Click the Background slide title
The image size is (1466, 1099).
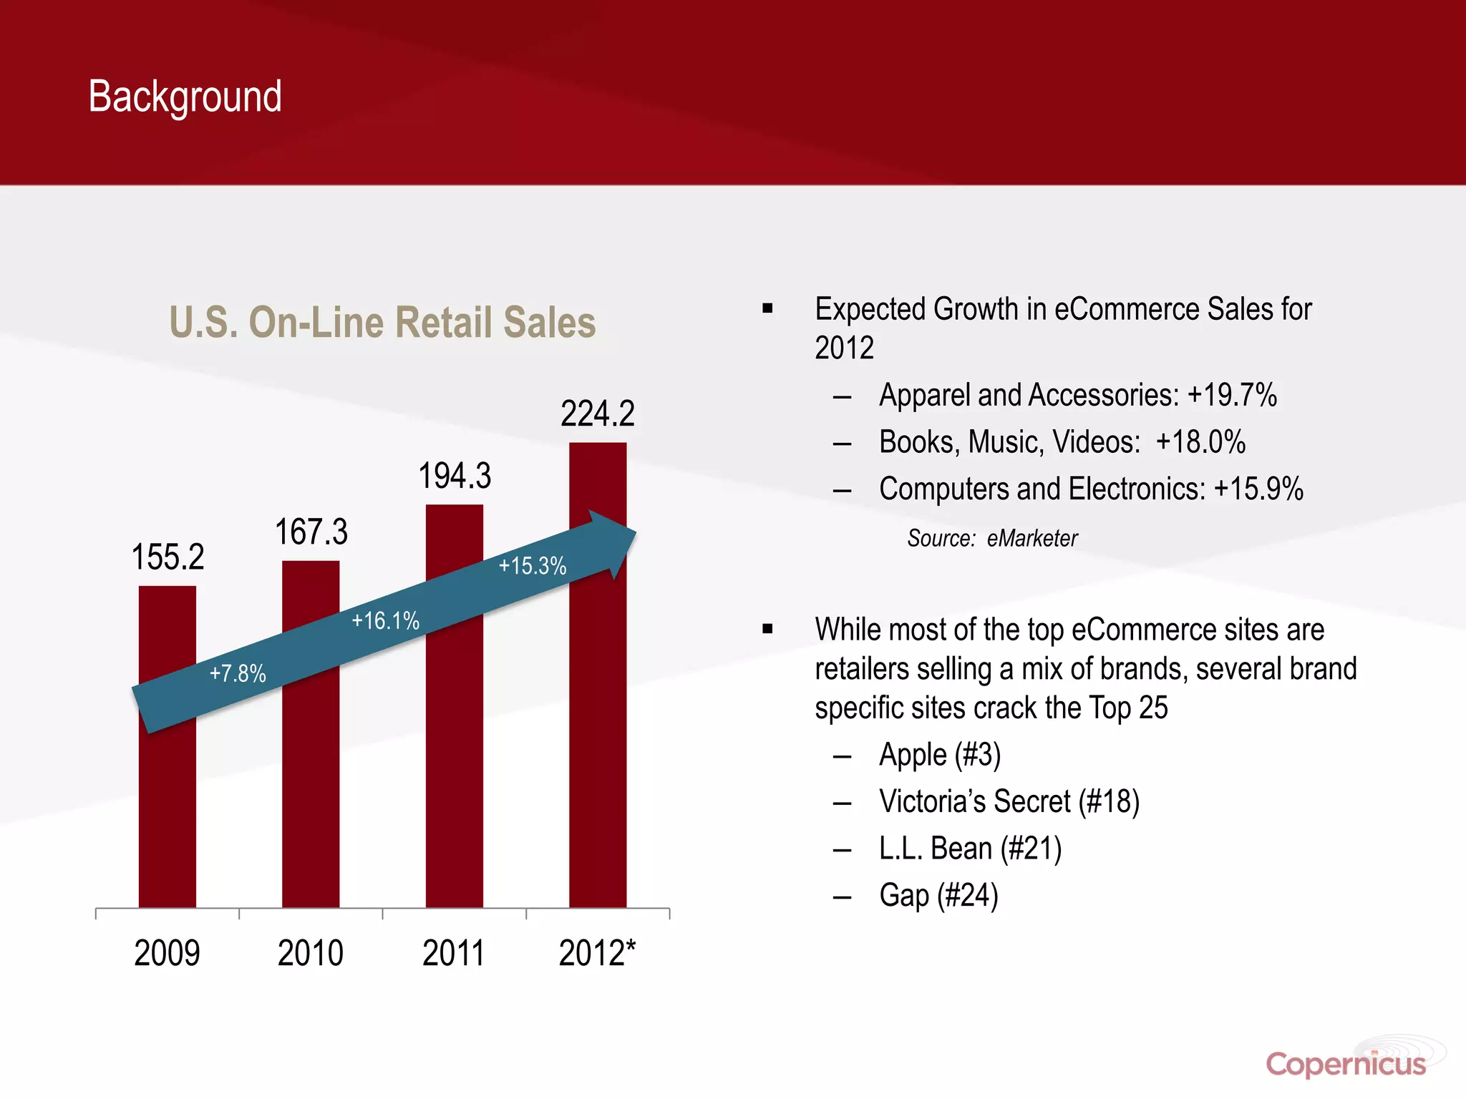(185, 97)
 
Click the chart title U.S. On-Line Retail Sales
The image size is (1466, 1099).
(382, 322)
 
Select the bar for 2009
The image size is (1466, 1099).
(167, 801)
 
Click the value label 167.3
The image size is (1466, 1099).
(311, 532)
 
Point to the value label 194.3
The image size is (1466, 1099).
(455, 477)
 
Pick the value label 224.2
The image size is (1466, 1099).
(598, 414)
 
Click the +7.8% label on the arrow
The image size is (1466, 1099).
(238, 673)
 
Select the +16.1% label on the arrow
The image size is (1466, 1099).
(385, 620)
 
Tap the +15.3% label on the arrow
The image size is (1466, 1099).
(533, 566)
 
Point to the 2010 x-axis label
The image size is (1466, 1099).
(311, 953)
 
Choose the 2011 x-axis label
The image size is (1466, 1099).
(453, 953)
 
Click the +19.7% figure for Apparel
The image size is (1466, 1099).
(1232, 395)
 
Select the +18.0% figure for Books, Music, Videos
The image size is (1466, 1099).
(1200, 442)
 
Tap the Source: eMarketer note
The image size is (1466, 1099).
(992, 538)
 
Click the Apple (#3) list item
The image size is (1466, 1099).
(940, 755)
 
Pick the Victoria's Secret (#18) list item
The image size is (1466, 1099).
(1009, 801)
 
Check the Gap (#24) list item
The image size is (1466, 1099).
(938, 895)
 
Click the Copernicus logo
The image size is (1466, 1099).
(1346, 1064)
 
